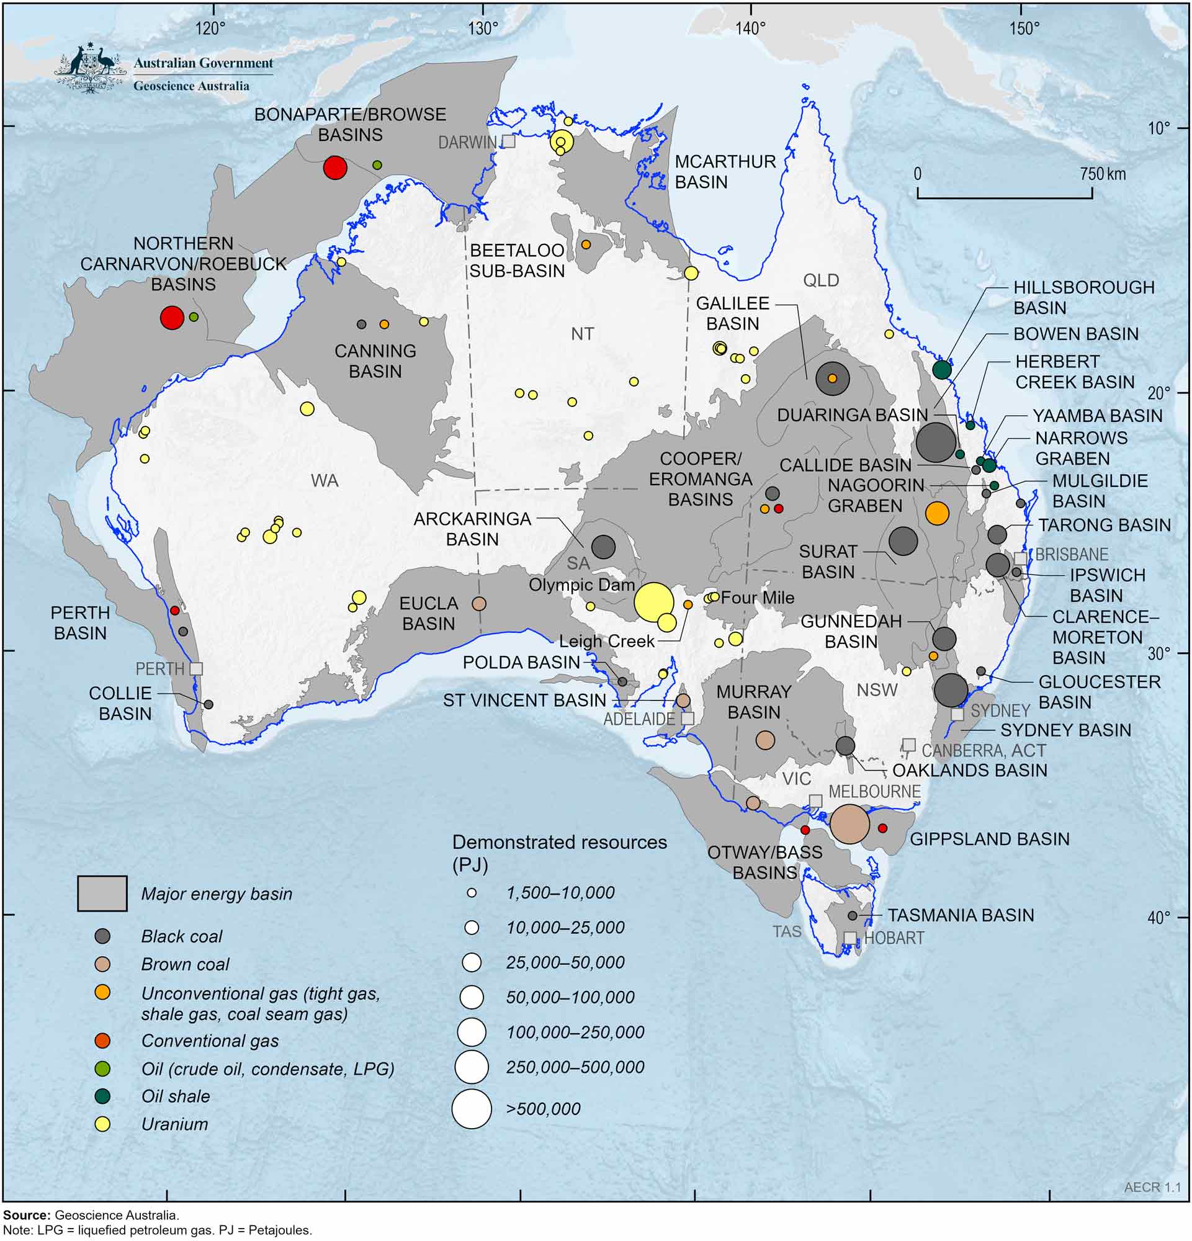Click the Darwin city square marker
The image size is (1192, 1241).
tap(509, 142)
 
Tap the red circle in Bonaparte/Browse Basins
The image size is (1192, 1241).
tap(335, 168)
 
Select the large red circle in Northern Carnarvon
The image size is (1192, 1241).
tap(171, 317)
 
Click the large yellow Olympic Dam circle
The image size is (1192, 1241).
tap(653, 602)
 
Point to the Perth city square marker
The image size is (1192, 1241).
tap(196, 669)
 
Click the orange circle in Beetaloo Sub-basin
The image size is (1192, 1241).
tap(586, 244)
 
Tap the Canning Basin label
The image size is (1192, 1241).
tap(375, 361)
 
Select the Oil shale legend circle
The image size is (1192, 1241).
tap(102, 1096)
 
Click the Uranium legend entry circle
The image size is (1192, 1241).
tap(102, 1124)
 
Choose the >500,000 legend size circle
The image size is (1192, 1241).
tap(472, 1109)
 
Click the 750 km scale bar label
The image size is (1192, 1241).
tap(1103, 174)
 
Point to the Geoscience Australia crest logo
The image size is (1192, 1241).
tap(89, 68)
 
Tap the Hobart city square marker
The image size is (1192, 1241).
tap(850, 938)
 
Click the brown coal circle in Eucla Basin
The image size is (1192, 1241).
tap(479, 603)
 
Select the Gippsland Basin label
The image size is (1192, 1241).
tap(990, 840)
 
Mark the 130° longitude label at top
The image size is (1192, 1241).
tap(483, 29)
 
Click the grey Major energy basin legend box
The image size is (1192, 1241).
tap(102, 894)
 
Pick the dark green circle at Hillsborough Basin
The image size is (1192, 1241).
tap(942, 369)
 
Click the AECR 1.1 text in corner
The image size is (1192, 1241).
tap(1152, 1188)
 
